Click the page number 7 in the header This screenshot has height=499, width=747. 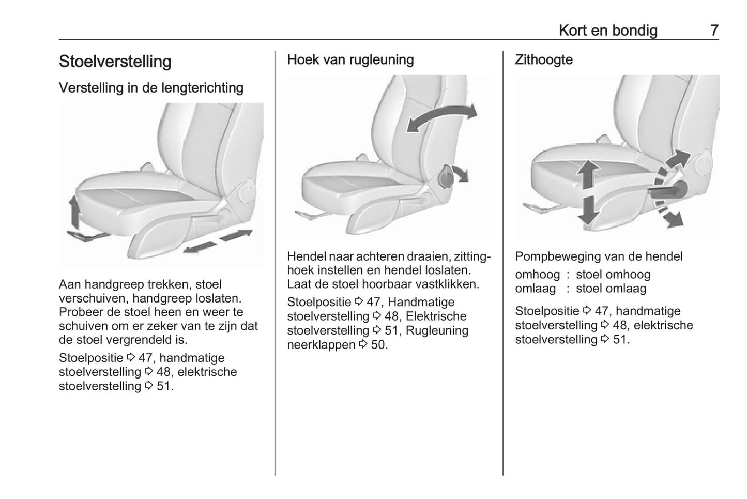(x=714, y=31)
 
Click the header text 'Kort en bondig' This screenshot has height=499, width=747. (x=608, y=31)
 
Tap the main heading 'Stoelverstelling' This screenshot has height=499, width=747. (x=115, y=62)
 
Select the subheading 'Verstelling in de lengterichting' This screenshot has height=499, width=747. (x=151, y=88)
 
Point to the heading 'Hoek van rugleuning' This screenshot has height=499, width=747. (x=350, y=60)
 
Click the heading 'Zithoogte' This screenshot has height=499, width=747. (x=544, y=60)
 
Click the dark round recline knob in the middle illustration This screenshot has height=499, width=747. (x=445, y=178)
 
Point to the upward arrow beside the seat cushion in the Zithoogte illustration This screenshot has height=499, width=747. (x=588, y=173)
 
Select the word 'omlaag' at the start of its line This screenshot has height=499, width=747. (x=535, y=289)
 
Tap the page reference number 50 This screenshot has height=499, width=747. (x=379, y=345)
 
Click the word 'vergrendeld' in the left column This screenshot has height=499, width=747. (x=139, y=340)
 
